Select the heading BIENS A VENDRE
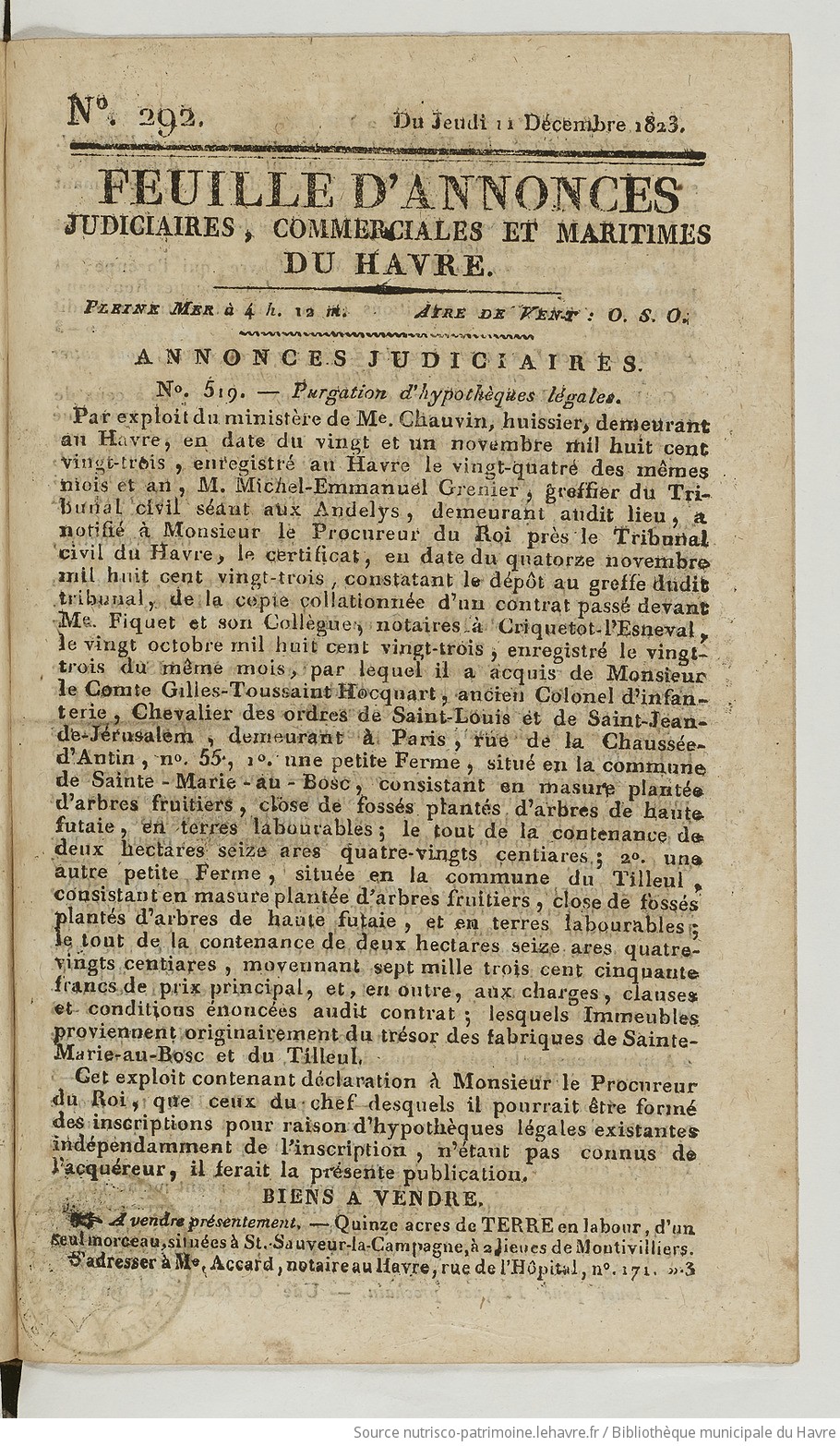click(384, 1199)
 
